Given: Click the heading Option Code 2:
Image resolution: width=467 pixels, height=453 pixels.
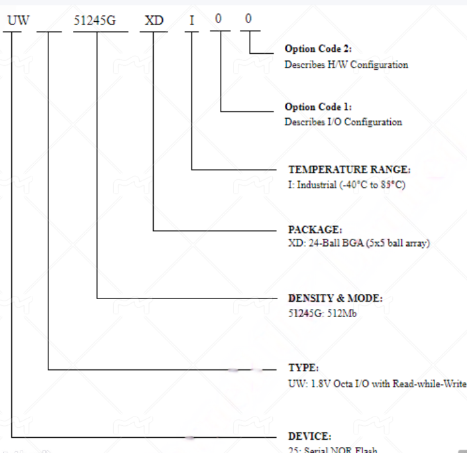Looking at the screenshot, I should [x=318, y=49].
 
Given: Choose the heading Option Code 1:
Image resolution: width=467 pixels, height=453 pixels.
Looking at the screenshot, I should [x=318, y=107].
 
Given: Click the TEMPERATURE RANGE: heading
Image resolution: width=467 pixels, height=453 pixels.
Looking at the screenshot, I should [x=349, y=170].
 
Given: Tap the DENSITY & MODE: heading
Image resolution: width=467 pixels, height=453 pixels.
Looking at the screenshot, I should [x=335, y=298].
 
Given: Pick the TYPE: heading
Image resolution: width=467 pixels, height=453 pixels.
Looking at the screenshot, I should [x=303, y=367].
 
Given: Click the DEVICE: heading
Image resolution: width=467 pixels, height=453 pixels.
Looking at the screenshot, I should [x=309, y=436].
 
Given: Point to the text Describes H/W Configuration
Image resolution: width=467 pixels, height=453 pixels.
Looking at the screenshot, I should [x=346, y=65].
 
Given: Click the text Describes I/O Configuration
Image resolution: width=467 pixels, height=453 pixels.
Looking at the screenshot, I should [x=343, y=122].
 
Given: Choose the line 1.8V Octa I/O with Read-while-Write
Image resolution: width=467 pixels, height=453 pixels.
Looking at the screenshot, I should [x=377, y=383].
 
